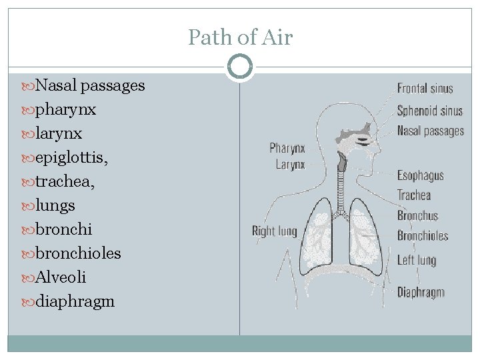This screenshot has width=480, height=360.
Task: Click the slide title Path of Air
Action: [x=240, y=37]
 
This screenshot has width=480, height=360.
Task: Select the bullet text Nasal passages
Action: [x=90, y=85]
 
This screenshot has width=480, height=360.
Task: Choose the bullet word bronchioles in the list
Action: [x=78, y=253]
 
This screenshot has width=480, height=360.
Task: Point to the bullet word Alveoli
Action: [x=61, y=277]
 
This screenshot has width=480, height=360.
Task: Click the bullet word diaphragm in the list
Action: [x=75, y=301]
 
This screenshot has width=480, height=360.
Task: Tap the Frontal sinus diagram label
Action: [x=425, y=88]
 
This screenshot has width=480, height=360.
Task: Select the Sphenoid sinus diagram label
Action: [x=429, y=110]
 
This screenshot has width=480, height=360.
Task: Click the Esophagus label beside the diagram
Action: [x=420, y=175]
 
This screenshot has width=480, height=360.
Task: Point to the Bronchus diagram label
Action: [x=417, y=215]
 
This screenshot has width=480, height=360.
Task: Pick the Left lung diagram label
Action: [x=416, y=259]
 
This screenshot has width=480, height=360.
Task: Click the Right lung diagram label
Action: [x=274, y=231]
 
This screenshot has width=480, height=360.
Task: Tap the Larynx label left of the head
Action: [x=290, y=164]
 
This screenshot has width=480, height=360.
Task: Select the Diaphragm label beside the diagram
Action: [x=421, y=292]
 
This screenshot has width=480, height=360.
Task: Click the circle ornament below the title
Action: [x=240, y=67]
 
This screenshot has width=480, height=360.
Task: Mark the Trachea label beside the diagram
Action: [x=414, y=195]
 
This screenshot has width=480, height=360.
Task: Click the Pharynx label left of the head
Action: [x=287, y=147]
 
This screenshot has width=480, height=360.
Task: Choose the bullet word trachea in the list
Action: [x=64, y=181]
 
